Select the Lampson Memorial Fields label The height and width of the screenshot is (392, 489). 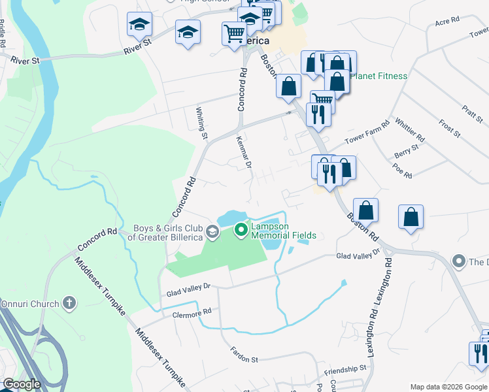(x=284, y=231)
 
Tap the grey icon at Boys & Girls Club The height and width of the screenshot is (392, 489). (x=212, y=231)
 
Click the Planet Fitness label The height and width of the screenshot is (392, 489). (x=379, y=76)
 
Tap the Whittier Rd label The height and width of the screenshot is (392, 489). (x=411, y=131)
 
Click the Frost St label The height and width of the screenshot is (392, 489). (x=450, y=128)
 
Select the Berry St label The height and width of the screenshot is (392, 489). (x=407, y=152)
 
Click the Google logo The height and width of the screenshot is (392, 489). (x=22, y=384)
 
